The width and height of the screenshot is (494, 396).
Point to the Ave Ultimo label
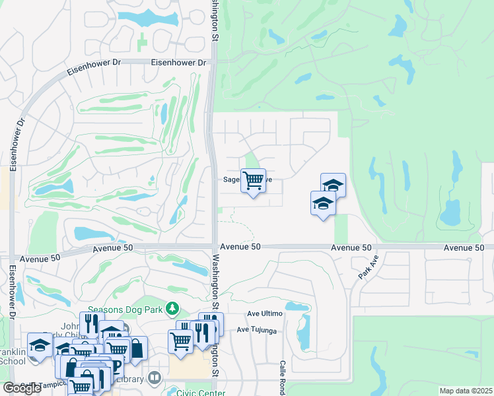pyautogui.click(x=264, y=313)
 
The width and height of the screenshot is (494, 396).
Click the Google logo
pyautogui.click(x=22, y=388)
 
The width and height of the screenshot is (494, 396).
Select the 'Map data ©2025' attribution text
pyautogui.click(x=466, y=391)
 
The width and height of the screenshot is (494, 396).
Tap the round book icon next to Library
pyautogui.click(x=155, y=378)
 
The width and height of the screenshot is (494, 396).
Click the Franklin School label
pyautogui.click(x=13, y=356)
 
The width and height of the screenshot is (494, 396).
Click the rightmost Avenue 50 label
pyautogui.click(x=464, y=247)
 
